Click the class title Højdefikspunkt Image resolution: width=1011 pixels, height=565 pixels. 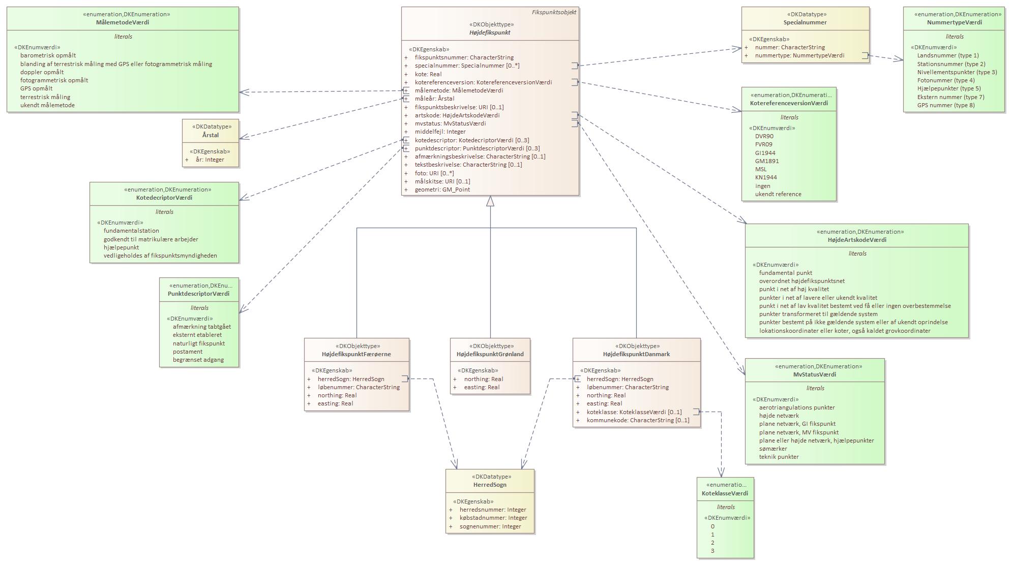489,33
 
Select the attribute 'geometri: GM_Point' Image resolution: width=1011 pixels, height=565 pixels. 442,190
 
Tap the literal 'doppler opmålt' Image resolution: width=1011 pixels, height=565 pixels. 42,72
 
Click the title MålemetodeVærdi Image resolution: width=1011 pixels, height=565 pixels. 123,22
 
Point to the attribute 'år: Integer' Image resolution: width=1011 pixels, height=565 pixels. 210,160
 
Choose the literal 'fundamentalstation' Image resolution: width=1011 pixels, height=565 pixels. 131,231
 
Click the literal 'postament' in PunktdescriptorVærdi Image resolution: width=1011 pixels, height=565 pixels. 187,352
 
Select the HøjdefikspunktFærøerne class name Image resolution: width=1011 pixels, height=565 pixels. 356,354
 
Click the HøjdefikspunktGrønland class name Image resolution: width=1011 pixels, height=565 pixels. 490,354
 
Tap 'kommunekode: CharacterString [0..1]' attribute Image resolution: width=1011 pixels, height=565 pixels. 638,420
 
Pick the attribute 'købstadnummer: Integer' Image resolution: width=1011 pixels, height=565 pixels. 493,518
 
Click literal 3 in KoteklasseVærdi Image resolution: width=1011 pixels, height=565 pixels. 712,551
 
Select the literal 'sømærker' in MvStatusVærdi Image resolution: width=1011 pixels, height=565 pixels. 772,449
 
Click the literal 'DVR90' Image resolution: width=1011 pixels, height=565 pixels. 764,136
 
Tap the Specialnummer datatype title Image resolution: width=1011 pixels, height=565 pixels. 805,22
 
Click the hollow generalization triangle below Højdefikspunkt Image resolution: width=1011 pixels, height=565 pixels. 490,201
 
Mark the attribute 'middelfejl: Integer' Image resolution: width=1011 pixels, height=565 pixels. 440,132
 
